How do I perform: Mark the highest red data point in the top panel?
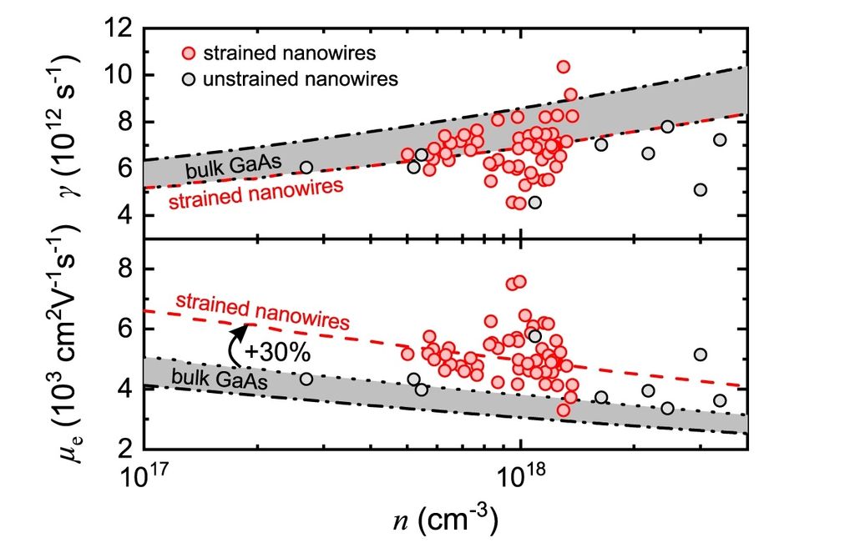(x=564, y=67)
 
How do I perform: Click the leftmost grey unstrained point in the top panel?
(x=306, y=168)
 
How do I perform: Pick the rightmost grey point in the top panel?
(x=720, y=139)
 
